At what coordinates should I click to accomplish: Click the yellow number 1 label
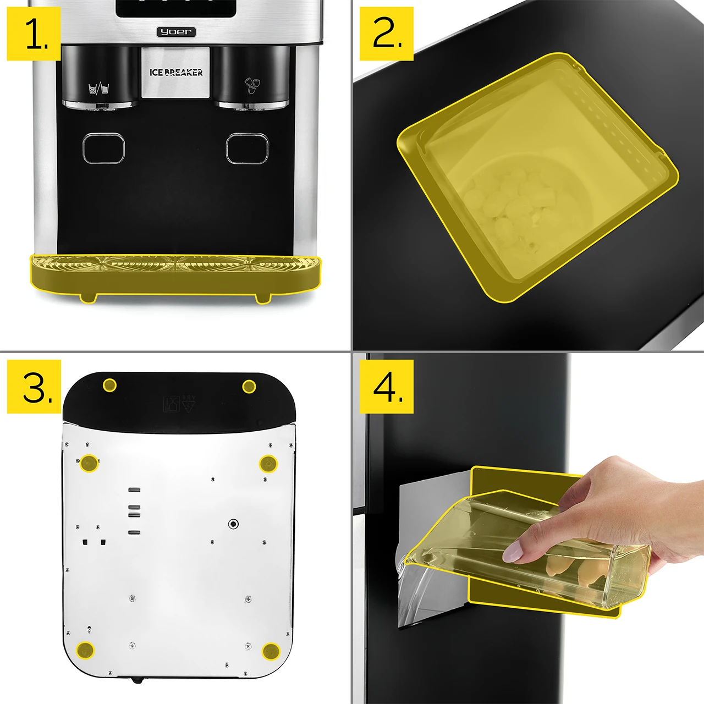34,34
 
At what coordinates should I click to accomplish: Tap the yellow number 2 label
387,34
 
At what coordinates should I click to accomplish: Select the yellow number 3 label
34,386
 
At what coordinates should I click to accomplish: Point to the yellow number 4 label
387,386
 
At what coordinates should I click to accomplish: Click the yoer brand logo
177,32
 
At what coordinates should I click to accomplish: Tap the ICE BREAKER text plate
176,73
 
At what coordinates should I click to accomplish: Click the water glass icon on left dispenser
98,88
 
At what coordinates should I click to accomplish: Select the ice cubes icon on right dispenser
252,84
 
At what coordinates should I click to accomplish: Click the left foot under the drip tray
88,298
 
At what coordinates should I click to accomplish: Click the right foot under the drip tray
262,298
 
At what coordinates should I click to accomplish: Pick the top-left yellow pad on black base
109,385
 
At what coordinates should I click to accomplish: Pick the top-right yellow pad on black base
249,386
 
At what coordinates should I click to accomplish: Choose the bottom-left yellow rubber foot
85,650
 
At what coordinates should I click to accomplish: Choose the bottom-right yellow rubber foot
271,651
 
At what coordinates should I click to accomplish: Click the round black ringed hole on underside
233,524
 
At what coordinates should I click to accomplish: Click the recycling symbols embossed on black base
179,404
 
